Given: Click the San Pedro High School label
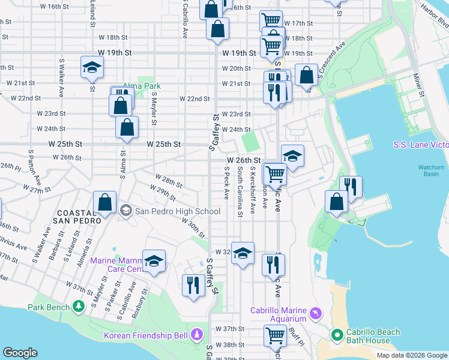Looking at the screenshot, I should tap(178, 211).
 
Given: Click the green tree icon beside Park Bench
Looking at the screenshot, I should tap(78, 307).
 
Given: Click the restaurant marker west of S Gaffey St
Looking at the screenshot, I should tap(192, 284).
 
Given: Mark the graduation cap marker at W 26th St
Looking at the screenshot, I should tap(292, 155).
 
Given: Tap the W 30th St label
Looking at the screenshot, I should tap(194, 227).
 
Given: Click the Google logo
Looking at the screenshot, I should tap(20, 353).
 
